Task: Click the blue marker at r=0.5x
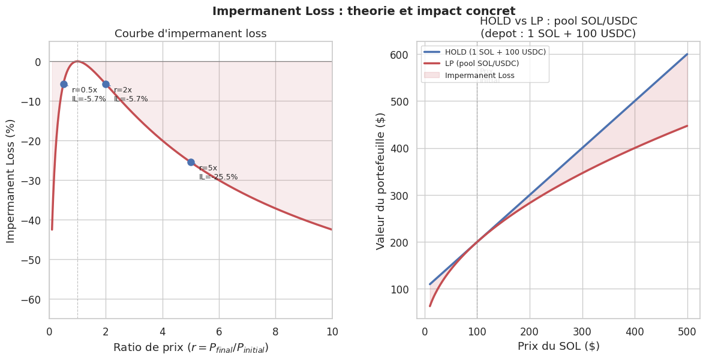[x=64, y=84]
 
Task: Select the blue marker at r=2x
[x=106, y=84]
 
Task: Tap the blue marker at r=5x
[x=191, y=162]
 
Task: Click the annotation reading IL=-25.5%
[x=218, y=177]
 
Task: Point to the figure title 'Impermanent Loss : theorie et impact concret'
[x=363, y=11]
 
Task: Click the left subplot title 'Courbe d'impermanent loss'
[x=191, y=34]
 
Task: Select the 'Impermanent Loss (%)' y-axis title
[x=11, y=180]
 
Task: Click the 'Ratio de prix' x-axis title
[x=191, y=347]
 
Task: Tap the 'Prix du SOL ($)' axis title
[x=558, y=346]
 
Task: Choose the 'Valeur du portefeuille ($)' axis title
[x=380, y=180]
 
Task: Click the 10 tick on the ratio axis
[x=332, y=331]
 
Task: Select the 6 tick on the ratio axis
[x=219, y=331]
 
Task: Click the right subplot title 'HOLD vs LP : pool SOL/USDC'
[x=558, y=21]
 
